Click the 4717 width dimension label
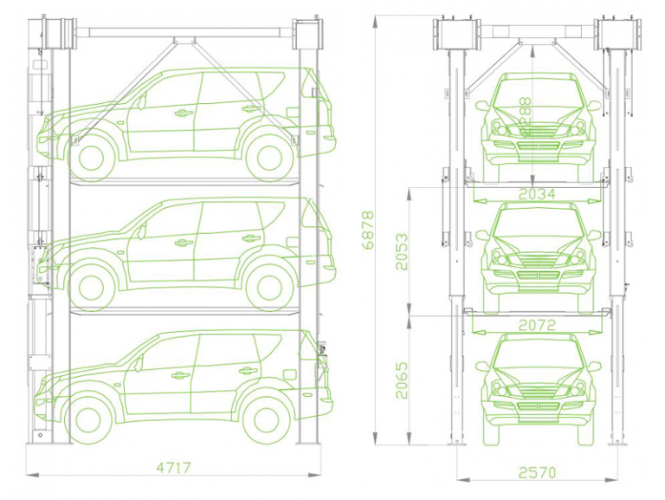coord(173,468)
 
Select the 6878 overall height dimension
coord(370,231)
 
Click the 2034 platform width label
coord(537,194)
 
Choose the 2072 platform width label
coord(537,325)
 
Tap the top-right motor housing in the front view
coord(618,35)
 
